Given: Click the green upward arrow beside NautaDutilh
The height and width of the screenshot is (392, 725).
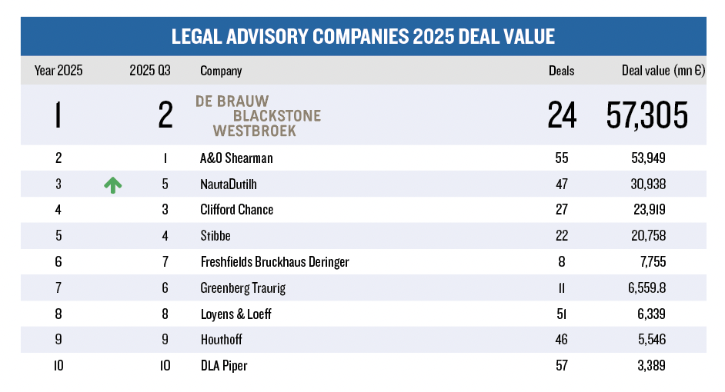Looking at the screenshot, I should pos(113,184).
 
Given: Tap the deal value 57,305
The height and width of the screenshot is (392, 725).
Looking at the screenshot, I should pos(646,116).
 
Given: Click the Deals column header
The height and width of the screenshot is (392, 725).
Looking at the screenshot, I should pos(561,71).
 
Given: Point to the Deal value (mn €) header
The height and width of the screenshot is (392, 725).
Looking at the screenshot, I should pos(663,71).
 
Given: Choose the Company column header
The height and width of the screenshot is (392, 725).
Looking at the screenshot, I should pos(221,71).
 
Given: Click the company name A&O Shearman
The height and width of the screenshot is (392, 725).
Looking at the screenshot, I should pos(236,158).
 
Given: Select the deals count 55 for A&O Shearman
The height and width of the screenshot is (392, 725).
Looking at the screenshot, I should pos(561,158).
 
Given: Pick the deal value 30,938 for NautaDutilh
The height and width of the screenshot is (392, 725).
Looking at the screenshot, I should pos(646,184).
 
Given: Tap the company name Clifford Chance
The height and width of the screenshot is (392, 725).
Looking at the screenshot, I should pos(236,210).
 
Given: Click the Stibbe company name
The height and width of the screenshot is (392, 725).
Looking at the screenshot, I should pos(215,236).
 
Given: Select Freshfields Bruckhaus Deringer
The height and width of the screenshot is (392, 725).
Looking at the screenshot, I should pos(274,262).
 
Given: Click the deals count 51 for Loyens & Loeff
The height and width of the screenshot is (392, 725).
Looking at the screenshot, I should pos(561,314).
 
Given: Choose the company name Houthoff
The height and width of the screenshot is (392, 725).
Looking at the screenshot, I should pos(222,340).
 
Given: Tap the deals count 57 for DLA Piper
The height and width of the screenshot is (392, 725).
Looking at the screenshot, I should pos(561,366).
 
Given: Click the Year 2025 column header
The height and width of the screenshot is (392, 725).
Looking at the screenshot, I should pos(58,71).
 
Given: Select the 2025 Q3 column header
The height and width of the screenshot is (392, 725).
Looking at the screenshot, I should pos(150,71).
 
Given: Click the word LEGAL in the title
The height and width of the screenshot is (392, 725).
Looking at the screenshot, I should pos(199,36).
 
